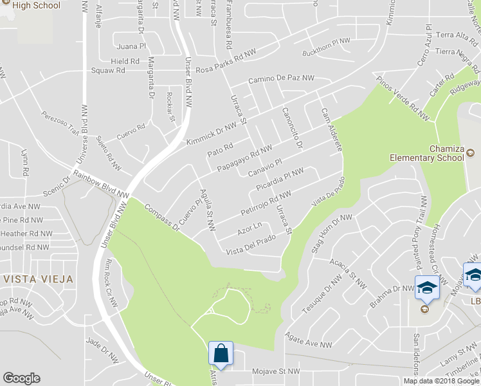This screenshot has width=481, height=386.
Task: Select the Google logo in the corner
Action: [x=21, y=378]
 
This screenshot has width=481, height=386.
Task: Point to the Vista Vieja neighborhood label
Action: [x=37, y=279]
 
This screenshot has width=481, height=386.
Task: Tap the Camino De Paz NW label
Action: [x=282, y=79]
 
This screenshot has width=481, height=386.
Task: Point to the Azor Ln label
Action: [x=250, y=228]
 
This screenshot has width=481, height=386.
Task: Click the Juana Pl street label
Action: [x=131, y=46]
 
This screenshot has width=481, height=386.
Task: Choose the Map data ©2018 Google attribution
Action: [x=441, y=380]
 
